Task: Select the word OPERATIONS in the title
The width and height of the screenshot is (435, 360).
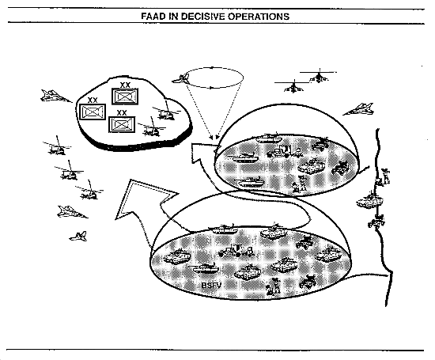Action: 259,17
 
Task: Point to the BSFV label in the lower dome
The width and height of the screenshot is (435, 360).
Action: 211,285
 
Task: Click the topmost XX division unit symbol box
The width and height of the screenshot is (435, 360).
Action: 125,97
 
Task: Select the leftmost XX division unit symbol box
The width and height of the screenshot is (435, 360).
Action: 93,112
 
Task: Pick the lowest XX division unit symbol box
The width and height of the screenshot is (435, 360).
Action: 122,124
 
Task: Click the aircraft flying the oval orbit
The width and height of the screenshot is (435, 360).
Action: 181,79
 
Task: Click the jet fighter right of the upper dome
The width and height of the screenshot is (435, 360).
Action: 359,109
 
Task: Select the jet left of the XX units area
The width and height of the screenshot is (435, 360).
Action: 55,96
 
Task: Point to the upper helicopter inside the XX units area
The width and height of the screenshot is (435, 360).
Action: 166,112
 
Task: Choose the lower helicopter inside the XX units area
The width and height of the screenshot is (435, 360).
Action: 152,128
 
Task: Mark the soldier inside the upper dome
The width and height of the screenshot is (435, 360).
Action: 299,184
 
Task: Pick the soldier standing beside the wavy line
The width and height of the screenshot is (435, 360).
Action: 384,176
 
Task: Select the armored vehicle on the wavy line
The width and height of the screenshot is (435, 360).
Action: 369,200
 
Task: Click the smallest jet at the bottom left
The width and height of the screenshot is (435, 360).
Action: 78,237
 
